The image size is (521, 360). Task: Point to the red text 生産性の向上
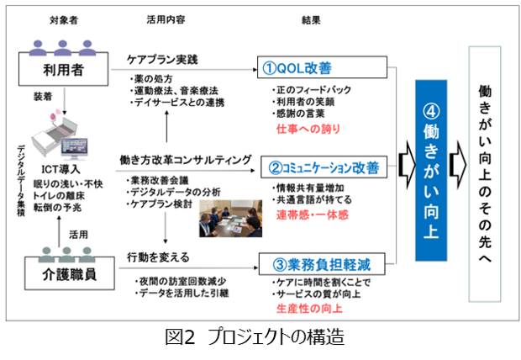click(308, 309)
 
